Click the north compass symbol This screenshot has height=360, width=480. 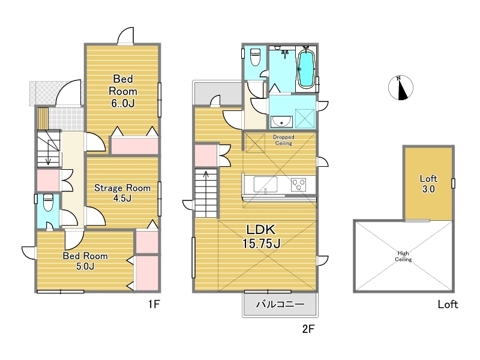[401, 88]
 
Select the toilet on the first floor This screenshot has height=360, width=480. [48, 203]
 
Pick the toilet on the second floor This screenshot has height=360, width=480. [255, 57]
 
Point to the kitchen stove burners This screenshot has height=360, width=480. [298, 185]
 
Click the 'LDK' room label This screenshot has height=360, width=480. [261, 230]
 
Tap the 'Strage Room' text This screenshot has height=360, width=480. [122, 188]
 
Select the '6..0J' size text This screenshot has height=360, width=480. [123, 103]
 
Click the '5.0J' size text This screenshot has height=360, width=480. [85, 266]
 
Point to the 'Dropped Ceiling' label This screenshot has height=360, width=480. [283, 140]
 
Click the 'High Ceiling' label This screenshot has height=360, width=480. [403, 257]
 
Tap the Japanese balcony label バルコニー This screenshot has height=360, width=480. [280, 304]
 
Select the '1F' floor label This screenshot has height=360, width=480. [154, 304]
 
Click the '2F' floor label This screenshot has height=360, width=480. [308, 329]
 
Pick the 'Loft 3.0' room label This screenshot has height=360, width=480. [428, 184]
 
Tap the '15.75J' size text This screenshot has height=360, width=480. [262, 244]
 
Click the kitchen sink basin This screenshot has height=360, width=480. [265, 185]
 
